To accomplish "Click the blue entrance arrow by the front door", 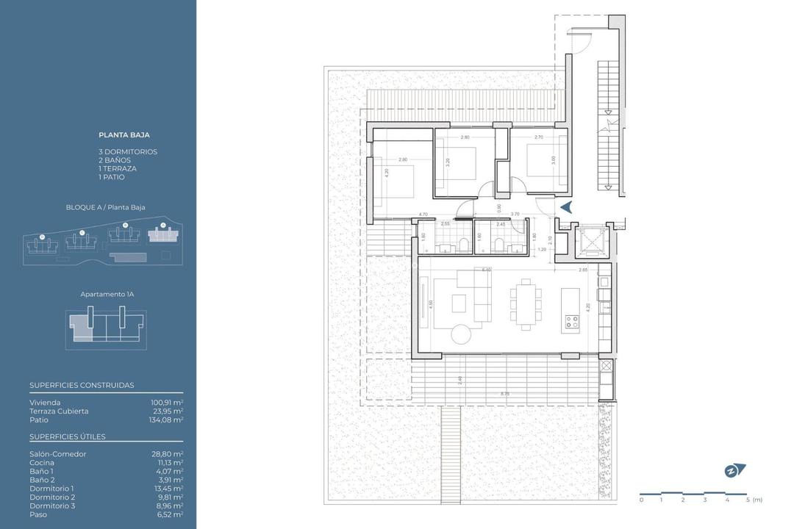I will click(566, 208).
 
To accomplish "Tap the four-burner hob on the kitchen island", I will click(571, 321).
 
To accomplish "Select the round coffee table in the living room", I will click(462, 334).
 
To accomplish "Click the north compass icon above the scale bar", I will click(734, 470).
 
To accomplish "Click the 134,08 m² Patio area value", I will click(167, 420).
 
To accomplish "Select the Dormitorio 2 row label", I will click(51, 497).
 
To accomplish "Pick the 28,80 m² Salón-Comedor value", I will click(167, 454).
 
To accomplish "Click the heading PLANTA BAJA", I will click(124, 135).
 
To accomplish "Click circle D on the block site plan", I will click(42, 237).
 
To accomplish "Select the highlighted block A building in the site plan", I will click(163, 235).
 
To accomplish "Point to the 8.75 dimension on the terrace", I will click(504, 395).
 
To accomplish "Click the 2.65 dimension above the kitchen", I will click(582, 270).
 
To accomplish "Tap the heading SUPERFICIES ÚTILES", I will click(68, 437).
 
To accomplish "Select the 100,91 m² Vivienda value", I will click(167, 403).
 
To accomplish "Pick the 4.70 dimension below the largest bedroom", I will click(423, 214).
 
